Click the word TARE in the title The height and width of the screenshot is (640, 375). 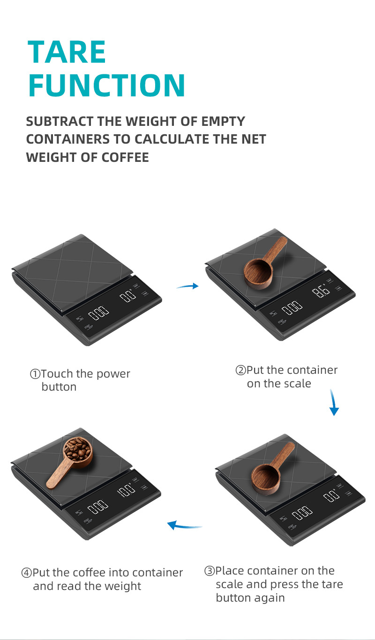[x=67, y=52]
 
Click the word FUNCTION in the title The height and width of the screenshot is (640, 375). [x=107, y=85]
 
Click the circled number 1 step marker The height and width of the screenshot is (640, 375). [x=35, y=374]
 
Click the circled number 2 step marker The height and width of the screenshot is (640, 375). [x=240, y=371]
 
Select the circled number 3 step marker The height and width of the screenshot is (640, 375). [x=210, y=571]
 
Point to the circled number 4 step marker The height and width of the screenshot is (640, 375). [x=27, y=573]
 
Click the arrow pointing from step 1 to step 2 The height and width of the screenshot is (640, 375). [x=187, y=286]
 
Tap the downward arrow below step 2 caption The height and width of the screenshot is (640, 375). [x=334, y=403]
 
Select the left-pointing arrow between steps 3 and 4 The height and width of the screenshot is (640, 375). [x=184, y=525]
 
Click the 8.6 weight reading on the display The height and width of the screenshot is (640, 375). [x=321, y=292]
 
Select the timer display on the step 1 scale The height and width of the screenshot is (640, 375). [x=99, y=313]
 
